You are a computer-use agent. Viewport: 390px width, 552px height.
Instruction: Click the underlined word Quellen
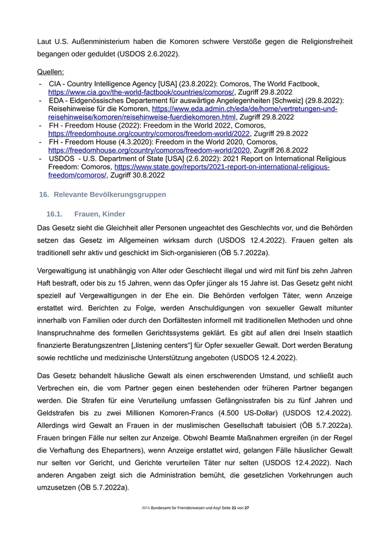pos(50,72)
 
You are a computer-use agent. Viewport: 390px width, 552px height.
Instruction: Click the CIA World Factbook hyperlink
pos(141,92)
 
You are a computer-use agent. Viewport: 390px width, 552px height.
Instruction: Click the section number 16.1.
pos(56,214)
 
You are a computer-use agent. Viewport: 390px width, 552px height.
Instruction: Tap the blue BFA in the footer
pos(146,509)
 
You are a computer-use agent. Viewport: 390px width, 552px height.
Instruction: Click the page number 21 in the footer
pos(234,509)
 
